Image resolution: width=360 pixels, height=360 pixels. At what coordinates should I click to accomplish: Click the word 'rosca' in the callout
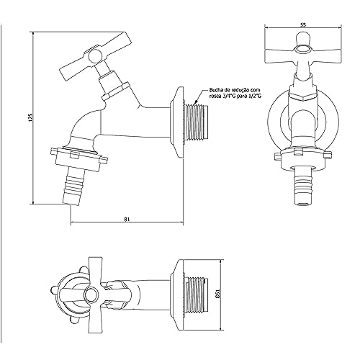tap(218, 91)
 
